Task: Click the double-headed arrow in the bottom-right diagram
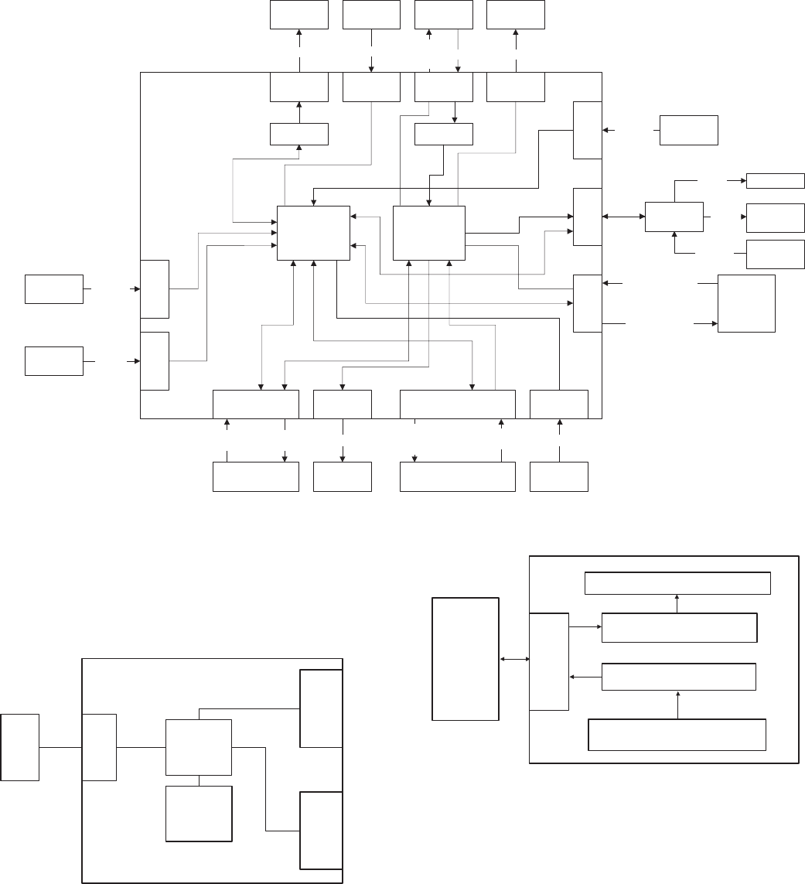(514, 660)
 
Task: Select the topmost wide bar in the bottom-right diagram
(677, 583)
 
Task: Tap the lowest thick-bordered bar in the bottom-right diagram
(677, 735)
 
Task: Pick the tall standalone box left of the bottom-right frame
(465, 659)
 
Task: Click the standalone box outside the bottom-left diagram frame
(20, 747)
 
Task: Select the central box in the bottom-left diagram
(199, 747)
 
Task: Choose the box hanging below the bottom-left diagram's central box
(199, 814)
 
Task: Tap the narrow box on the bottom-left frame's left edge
(100, 747)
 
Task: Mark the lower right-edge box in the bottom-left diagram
(321, 831)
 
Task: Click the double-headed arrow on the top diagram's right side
(623, 217)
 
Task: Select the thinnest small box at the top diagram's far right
(775, 181)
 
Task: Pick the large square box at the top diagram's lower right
(746, 303)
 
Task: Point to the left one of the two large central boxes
(313, 233)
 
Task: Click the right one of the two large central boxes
(428, 233)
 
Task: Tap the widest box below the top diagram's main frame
(457, 476)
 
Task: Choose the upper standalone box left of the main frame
(54, 288)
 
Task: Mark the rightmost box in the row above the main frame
(516, 15)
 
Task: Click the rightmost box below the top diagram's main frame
(559, 476)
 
